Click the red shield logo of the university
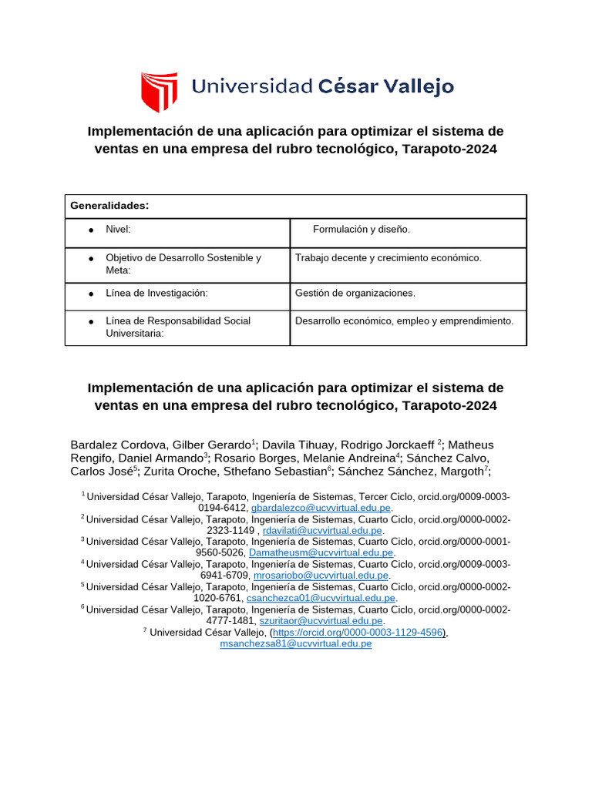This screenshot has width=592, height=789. (x=159, y=92)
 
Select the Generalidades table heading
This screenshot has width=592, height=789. (x=109, y=206)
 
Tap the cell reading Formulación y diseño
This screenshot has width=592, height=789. (x=362, y=230)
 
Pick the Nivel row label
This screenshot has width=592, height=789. (x=118, y=230)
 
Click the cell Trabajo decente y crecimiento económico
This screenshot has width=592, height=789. (x=388, y=257)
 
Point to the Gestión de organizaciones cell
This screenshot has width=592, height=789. (x=355, y=293)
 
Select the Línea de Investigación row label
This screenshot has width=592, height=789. (x=157, y=293)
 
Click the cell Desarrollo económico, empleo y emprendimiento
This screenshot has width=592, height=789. (x=404, y=321)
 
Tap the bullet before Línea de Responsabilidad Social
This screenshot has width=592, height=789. (x=91, y=321)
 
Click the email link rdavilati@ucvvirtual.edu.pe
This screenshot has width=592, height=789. (x=322, y=530)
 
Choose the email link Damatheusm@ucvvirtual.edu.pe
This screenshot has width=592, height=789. (x=321, y=552)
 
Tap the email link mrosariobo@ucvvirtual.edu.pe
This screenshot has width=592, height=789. (x=321, y=575)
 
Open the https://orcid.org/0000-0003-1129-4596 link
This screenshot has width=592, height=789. (x=358, y=632)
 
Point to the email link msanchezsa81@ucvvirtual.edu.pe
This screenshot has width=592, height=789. (x=296, y=643)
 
